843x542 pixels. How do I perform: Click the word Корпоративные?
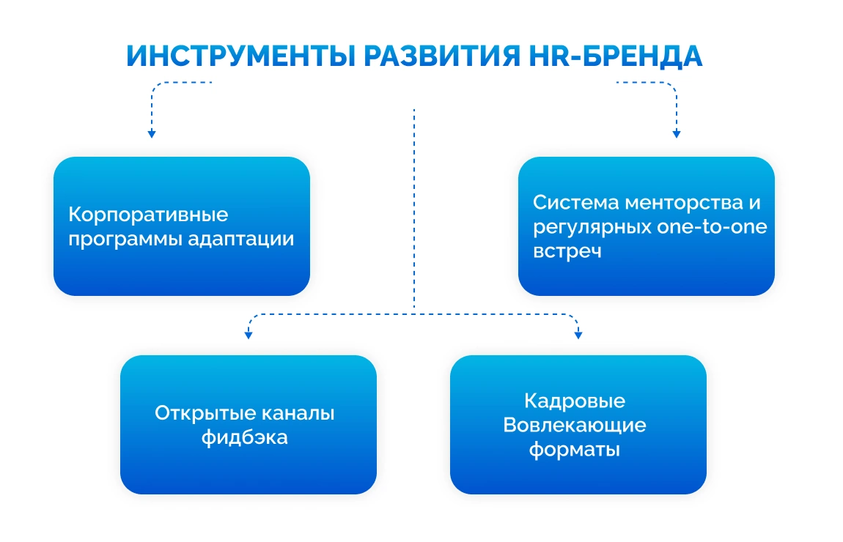tap(148, 215)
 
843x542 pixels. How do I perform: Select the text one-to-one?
tap(709, 226)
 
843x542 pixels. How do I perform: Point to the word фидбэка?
tap(244, 438)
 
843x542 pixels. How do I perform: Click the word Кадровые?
tap(575, 401)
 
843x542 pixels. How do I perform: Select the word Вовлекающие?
tap(575, 425)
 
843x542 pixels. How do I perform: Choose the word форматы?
tap(575, 449)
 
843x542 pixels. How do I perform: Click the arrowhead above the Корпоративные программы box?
tap(152, 134)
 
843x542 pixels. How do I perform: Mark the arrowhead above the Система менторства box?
tap(676, 134)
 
